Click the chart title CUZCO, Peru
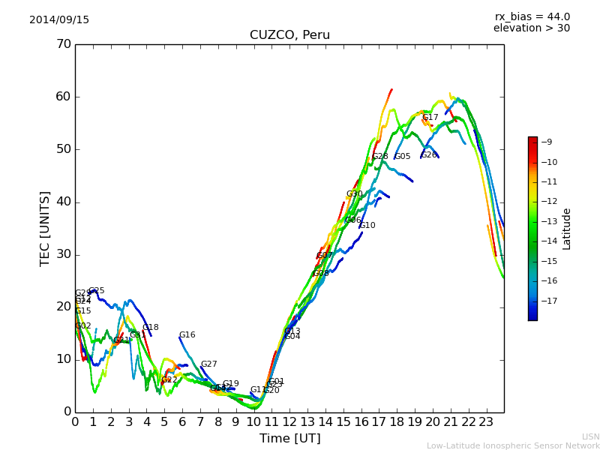(x=289, y=35)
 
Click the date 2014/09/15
(x=59, y=20)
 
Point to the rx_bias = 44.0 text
(x=532, y=17)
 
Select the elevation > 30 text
(x=532, y=28)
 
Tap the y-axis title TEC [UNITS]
(x=45, y=228)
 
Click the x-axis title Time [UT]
(x=289, y=439)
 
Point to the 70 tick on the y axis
(x=63, y=44)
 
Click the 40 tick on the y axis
(x=63, y=202)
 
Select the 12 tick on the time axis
(x=289, y=421)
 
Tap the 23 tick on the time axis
(x=486, y=421)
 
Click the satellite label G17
(x=430, y=118)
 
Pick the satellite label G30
(x=354, y=194)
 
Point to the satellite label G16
(x=187, y=335)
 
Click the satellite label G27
(x=208, y=364)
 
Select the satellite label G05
(x=403, y=157)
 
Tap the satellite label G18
(x=151, y=328)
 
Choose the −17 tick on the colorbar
(x=548, y=301)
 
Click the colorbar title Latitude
(x=567, y=229)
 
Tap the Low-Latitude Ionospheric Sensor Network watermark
(x=513, y=445)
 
